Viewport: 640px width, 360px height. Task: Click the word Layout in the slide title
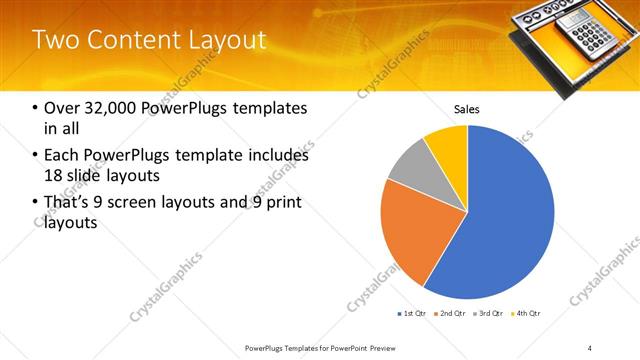pos(225,40)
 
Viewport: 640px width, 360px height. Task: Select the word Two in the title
pos(57,40)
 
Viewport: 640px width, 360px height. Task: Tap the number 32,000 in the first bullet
pos(107,108)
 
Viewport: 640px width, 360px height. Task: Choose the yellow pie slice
pos(448,148)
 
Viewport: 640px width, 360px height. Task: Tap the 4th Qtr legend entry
pos(526,314)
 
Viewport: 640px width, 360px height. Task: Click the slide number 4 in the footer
pos(589,347)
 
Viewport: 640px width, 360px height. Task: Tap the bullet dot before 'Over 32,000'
pos(37,108)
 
